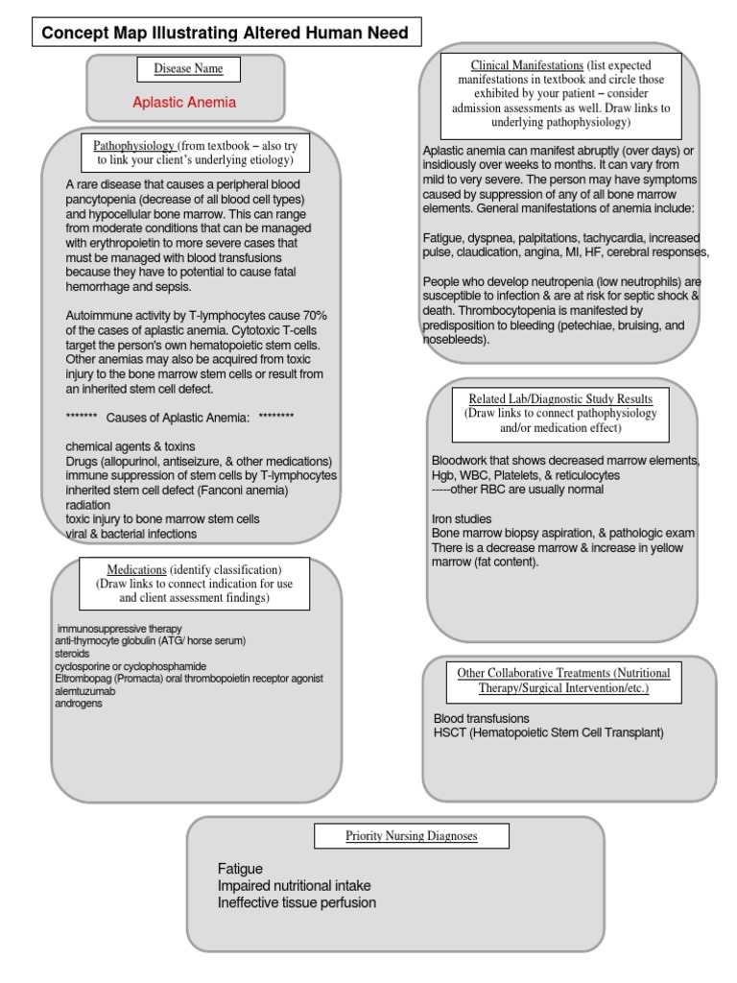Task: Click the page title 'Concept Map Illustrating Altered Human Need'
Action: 225,34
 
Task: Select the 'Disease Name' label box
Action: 188,69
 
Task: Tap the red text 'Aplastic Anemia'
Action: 184,103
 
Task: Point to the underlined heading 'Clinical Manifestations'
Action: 527,65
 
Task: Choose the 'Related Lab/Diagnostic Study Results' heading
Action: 560,398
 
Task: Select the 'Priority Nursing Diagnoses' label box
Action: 412,836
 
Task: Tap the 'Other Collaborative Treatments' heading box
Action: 563,681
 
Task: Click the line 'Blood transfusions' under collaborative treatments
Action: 481,718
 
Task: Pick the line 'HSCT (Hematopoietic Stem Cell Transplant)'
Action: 548,732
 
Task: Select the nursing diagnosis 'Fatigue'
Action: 240,869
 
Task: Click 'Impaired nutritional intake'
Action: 294,885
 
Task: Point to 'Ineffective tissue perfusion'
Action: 297,902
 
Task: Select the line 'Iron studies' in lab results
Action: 462,518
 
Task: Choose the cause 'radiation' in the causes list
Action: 88,505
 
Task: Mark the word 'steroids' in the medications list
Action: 73,654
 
